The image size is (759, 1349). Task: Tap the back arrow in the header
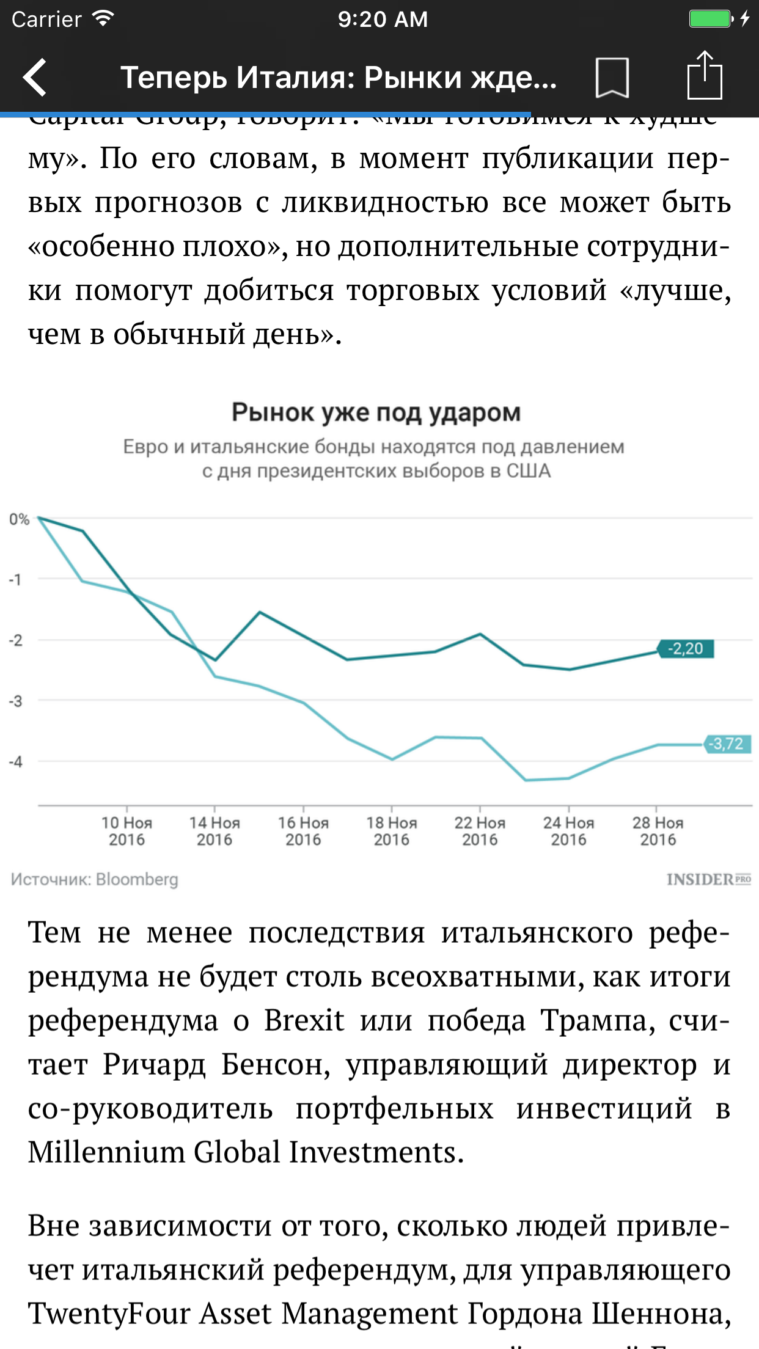[35, 78]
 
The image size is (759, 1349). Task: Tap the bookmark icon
[612, 78]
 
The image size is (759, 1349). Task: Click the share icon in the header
[705, 75]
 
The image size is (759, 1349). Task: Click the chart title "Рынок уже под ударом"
[376, 413]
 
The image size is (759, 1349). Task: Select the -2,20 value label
[686, 648]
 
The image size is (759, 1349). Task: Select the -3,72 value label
[727, 744]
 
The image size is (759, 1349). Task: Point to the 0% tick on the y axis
[19, 519]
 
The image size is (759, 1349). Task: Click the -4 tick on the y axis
[16, 762]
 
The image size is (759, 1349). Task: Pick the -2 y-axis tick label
[16, 640]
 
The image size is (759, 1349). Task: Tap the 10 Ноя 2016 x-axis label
[127, 831]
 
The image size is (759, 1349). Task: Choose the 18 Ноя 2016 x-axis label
[392, 831]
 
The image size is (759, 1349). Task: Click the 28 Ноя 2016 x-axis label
[658, 831]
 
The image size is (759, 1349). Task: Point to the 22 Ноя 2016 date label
[480, 831]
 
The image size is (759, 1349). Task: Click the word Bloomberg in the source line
[137, 879]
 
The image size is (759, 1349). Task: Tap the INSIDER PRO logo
[708, 879]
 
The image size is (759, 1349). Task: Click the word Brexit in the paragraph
[304, 1021]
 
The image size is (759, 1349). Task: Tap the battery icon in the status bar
[711, 19]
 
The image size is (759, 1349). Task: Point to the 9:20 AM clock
[383, 20]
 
